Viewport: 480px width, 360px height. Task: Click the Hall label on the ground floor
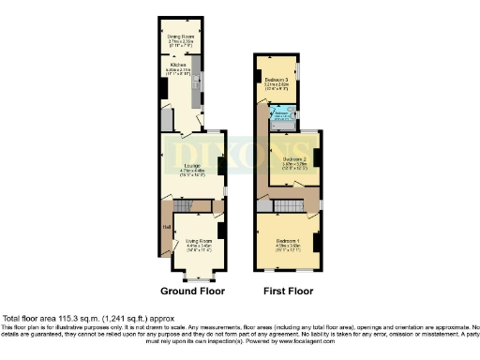point(165,226)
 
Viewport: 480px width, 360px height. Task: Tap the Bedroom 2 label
point(294,158)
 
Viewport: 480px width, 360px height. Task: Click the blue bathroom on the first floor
point(283,114)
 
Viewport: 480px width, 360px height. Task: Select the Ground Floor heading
point(192,291)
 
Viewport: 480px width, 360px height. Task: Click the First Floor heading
point(287,291)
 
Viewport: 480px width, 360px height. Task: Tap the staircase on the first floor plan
point(289,205)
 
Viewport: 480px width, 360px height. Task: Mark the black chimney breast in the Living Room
point(220,230)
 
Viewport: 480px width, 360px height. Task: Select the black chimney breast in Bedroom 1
point(317,241)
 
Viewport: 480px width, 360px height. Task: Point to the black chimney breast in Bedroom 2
point(316,157)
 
